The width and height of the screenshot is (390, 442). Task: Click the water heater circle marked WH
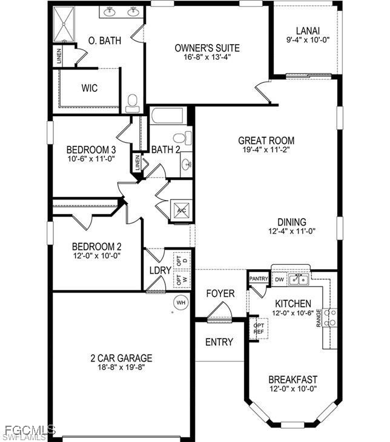coord(180,302)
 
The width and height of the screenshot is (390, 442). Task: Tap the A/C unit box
coord(181,210)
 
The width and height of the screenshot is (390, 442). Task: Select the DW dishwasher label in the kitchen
coord(279,279)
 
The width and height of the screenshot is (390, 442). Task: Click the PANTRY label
coord(259,279)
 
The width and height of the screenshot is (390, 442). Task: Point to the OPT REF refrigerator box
coord(259,328)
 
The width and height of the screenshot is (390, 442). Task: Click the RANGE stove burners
coord(330,317)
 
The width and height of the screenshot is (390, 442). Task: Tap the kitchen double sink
coord(299,279)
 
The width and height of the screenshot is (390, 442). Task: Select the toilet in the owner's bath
coord(133,103)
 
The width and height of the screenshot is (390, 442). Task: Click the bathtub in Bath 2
coord(168,116)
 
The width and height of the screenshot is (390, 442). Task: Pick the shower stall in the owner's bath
coord(64,24)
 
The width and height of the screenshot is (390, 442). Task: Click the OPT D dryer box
coord(182,259)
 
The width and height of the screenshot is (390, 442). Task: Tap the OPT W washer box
coord(182,280)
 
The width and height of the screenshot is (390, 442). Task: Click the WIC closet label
coord(90,88)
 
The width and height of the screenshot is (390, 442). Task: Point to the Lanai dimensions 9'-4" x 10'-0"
coord(308,40)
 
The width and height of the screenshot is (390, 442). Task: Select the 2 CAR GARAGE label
coord(122,358)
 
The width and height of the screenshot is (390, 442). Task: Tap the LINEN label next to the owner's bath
coord(59,57)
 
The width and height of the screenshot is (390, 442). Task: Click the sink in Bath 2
coord(187,164)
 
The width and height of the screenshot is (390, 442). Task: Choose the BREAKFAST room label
coord(293,380)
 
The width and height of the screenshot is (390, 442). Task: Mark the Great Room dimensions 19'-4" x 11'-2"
coord(266,149)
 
